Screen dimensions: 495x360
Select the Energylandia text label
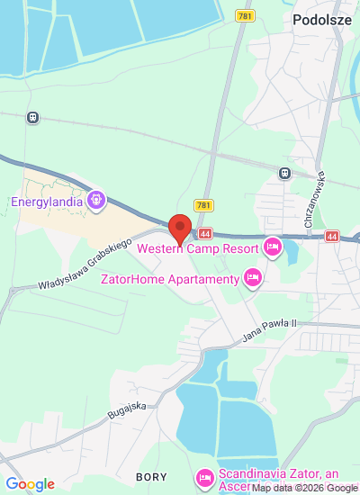(x=47, y=201)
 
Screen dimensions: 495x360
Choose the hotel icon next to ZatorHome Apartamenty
(x=252, y=278)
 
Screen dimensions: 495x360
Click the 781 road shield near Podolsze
(x=245, y=16)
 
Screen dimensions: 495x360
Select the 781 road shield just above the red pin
(x=203, y=206)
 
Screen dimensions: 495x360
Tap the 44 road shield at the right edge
(x=332, y=236)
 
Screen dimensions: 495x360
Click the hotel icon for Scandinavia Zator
(x=204, y=476)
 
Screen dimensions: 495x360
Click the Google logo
(x=29, y=484)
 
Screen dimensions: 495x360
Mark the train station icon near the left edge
(x=33, y=117)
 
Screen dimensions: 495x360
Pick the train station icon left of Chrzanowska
(x=284, y=173)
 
